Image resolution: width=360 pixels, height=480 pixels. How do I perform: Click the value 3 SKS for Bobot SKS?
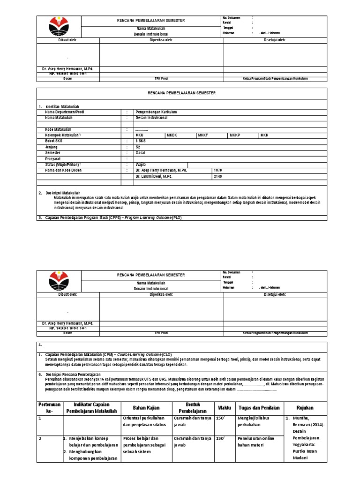(141, 141)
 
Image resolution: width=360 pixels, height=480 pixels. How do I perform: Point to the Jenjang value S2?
(138, 147)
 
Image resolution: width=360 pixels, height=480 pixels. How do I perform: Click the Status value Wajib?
(141, 165)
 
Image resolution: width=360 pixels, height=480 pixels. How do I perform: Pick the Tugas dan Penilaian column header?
(259, 407)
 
